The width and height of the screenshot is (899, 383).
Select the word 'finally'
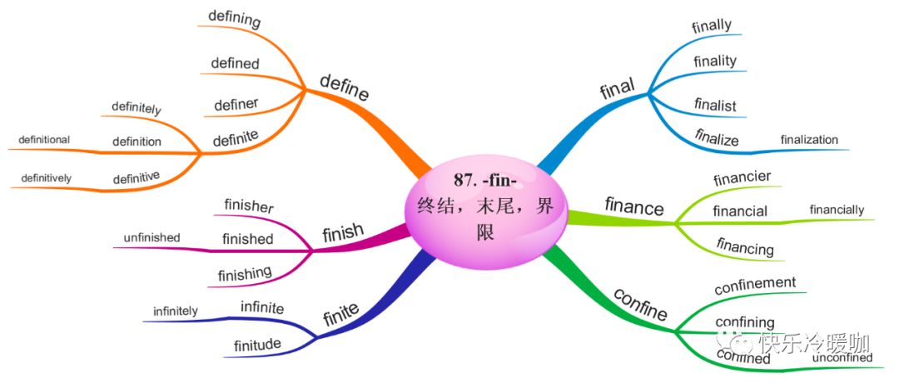712,25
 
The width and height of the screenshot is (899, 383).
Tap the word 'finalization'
809,139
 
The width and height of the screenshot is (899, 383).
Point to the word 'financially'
837,210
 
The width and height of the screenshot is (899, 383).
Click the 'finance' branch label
634,206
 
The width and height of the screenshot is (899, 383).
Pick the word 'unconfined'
842,358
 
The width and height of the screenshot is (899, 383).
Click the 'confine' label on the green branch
640,305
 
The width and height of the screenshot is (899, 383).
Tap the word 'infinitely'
175,311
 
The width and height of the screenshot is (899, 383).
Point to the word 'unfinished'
151,237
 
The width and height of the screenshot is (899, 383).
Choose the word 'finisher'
249,204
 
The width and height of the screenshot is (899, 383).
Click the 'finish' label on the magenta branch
342,231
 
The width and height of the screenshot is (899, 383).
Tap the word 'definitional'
39,139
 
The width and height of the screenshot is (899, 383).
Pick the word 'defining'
234,18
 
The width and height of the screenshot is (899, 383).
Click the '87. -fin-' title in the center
485,181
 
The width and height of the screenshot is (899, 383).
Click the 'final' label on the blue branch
617,87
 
